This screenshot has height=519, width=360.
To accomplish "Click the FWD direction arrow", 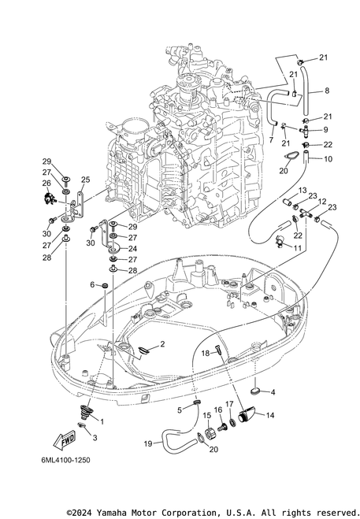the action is point(65,440).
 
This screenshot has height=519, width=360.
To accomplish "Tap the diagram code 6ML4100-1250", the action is point(65,460).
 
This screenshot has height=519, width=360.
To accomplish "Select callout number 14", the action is point(270,415).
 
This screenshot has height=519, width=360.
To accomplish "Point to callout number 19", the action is point(148,443).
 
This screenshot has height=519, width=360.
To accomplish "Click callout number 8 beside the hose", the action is point(327,91).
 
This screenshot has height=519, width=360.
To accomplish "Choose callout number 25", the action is point(85,180).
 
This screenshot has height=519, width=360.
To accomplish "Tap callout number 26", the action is point(46,183).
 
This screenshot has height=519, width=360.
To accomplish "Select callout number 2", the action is point(162,344).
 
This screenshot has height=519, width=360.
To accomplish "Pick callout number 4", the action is point(273,392).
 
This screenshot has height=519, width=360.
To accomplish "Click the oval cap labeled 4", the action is point(254,391).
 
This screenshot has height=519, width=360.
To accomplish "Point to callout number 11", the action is point(297,248).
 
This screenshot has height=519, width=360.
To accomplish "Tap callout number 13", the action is point(302,191).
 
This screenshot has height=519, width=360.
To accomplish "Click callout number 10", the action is point(328,159).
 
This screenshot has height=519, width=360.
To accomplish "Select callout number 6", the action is point(92,284).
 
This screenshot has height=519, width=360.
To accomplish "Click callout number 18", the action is point(206,353).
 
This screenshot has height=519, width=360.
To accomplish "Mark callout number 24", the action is point(132,249).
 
